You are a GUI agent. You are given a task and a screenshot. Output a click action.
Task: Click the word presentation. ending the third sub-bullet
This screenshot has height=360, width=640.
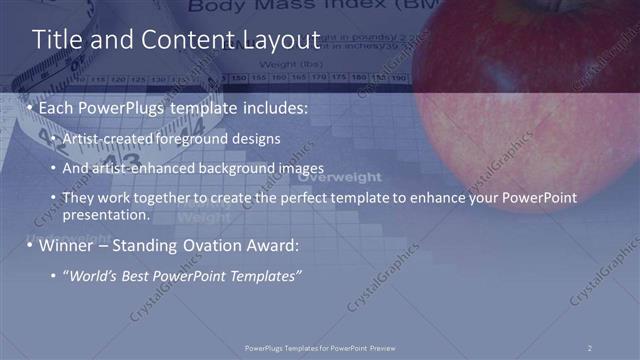click(105, 215)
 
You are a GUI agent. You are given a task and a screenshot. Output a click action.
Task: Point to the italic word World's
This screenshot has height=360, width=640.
click(91, 276)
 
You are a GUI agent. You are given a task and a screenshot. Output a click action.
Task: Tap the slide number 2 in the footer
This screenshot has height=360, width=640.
click(589, 347)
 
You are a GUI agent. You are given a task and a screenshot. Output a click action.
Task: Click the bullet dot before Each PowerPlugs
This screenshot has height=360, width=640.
click(30, 106)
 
